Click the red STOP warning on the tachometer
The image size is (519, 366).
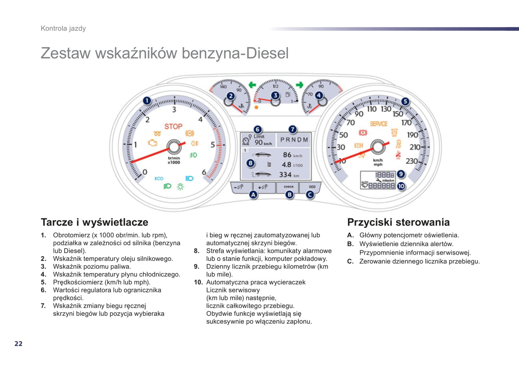(x=173, y=126)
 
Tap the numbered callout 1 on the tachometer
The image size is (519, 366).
(x=147, y=101)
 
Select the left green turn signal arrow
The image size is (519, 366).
(x=252, y=85)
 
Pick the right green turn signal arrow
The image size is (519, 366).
(x=299, y=85)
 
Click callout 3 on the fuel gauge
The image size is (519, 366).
(x=275, y=95)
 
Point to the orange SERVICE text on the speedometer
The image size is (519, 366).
(x=379, y=124)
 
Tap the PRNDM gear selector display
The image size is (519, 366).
(x=294, y=140)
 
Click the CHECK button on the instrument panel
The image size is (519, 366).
(x=288, y=187)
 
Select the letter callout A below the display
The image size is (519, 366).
(x=253, y=195)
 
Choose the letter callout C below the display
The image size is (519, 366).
(x=310, y=195)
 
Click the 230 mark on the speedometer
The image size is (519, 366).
(x=412, y=161)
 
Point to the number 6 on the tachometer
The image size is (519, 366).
(x=204, y=172)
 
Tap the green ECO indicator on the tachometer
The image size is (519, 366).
(x=159, y=179)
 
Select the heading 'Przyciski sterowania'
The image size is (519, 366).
(x=398, y=222)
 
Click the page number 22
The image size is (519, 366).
(x=18, y=344)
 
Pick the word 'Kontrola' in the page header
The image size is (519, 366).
(x=54, y=28)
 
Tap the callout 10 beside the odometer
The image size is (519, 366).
(x=401, y=186)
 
